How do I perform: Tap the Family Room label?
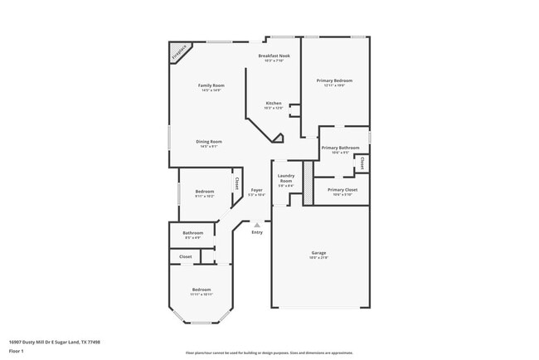pyautogui.click(x=211, y=85)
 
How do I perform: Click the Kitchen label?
pyautogui.click(x=273, y=104)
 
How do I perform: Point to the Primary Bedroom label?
pyautogui.click(x=335, y=80)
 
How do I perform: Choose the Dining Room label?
pyautogui.click(x=209, y=141)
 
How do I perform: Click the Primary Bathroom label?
pyautogui.click(x=340, y=148)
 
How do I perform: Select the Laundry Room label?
pyautogui.click(x=286, y=178)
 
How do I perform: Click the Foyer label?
pyautogui.click(x=257, y=190)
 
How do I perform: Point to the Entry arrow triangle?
pyautogui.click(x=257, y=225)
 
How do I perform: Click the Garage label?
pyautogui.click(x=319, y=253)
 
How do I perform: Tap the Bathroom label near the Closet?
pyautogui.click(x=192, y=233)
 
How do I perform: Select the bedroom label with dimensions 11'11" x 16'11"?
pyautogui.click(x=202, y=289)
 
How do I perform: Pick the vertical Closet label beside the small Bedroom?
pyautogui.click(x=236, y=184)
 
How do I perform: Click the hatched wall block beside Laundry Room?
pyautogui.click(x=308, y=178)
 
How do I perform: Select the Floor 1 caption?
pyautogui.click(x=16, y=351)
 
